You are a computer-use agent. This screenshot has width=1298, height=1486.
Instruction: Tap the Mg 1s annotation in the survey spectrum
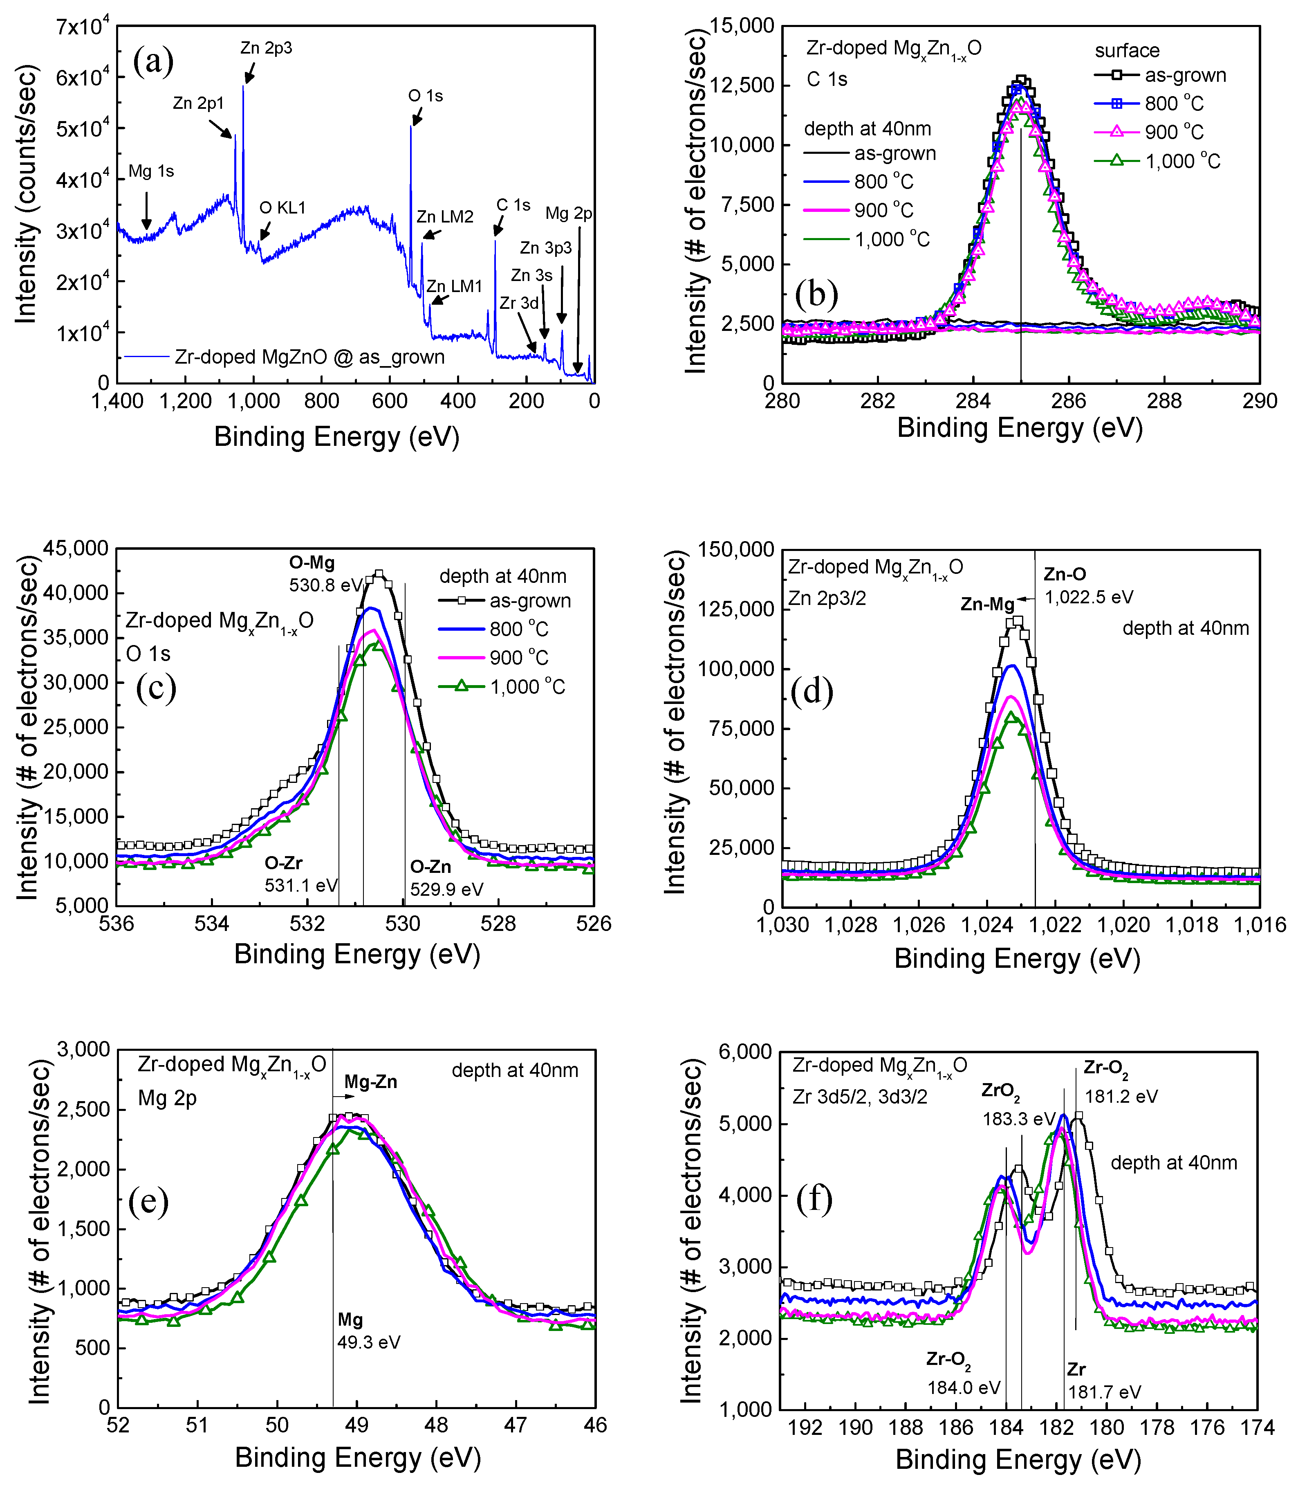151,172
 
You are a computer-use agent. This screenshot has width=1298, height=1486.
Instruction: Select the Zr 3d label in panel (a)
519,303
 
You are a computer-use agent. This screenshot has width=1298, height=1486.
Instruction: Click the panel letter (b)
816,293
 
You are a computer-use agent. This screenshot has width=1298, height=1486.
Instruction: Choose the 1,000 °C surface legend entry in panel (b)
1182,161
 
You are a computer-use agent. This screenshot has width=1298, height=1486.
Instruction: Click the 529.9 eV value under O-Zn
446,889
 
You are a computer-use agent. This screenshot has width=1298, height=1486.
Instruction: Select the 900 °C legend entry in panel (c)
519,658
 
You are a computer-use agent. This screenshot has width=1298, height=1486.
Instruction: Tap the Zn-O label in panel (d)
1064,575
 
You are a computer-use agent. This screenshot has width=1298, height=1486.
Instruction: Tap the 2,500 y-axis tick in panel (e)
84,1109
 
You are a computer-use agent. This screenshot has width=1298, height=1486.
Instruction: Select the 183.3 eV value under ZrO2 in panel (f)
1018,1120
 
